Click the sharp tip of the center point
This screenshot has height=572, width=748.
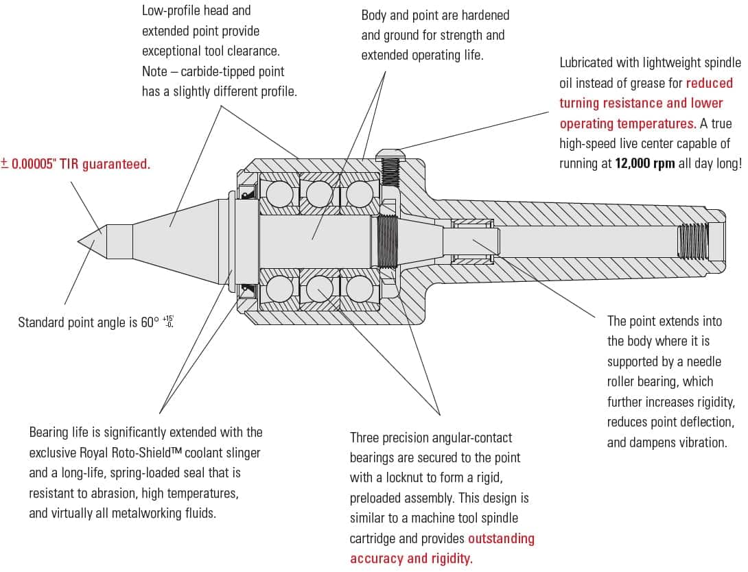pos(78,241)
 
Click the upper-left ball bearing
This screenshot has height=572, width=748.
pos(279,194)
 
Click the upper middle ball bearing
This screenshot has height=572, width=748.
pos(319,194)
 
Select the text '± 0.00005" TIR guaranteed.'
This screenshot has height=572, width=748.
pos(75,164)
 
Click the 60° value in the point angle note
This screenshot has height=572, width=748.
pos(150,322)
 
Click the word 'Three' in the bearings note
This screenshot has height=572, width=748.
pos(368,438)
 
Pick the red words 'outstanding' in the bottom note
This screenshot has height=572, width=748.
pos(501,539)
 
